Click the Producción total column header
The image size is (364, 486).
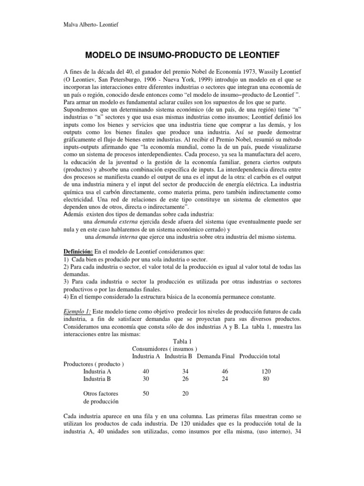pyautogui.click(x=266, y=356)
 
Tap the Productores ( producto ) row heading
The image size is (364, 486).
pyautogui.click(x=93, y=364)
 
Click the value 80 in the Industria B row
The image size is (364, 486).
pyautogui.click(x=266, y=379)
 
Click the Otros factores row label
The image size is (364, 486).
pyautogui.click(x=100, y=393)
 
